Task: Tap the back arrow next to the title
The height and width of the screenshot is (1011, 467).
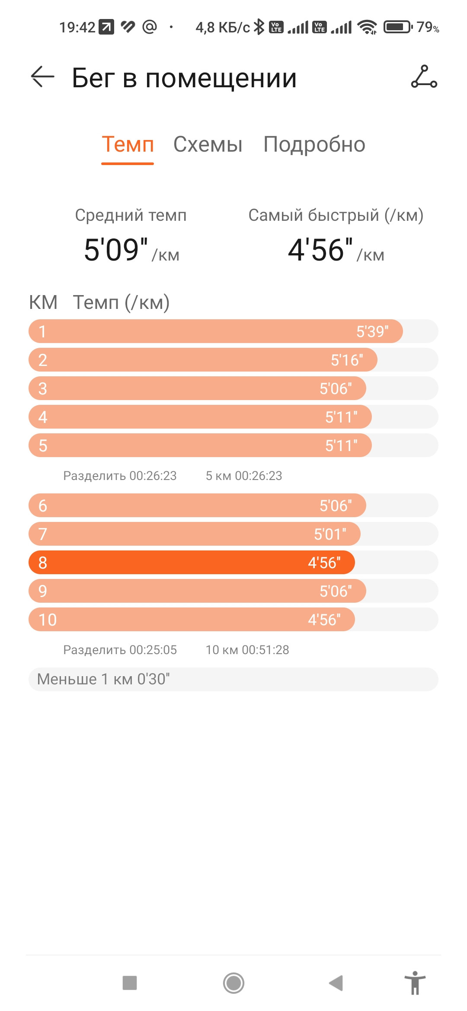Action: pyautogui.click(x=42, y=77)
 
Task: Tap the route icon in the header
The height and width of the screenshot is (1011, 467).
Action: pyautogui.click(x=424, y=77)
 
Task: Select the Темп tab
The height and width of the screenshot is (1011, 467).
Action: pyautogui.click(x=128, y=144)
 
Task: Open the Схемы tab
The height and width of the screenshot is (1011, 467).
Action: pyautogui.click(x=208, y=144)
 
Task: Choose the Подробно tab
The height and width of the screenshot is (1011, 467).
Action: pyautogui.click(x=314, y=145)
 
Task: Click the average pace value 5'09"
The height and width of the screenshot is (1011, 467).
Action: pyautogui.click(x=116, y=250)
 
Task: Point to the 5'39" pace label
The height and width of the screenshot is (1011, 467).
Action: pyautogui.click(x=372, y=331)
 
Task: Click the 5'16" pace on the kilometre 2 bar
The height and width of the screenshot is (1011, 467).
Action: pyautogui.click(x=347, y=360)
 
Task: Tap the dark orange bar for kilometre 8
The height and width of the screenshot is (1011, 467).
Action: pyautogui.click(x=192, y=563)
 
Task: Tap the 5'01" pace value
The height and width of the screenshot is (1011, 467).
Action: pyautogui.click(x=330, y=534)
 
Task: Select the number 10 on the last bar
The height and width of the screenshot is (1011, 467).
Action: pyautogui.click(x=48, y=620)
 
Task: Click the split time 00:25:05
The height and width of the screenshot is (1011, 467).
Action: pyautogui.click(x=153, y=650)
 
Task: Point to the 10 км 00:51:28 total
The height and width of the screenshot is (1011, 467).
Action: pyautogui.click(x=247, y=650)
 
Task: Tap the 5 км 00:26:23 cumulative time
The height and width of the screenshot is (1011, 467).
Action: pyautogui.click(x=244, y=476)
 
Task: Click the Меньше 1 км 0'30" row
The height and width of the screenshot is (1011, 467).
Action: pyautogui.click(x=233, y=679)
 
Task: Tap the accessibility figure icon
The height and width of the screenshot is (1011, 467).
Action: pyautogui.click(x=415, y=983)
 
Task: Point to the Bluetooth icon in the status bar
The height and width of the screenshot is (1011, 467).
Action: pyautogui.click(x=259, y=27)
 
